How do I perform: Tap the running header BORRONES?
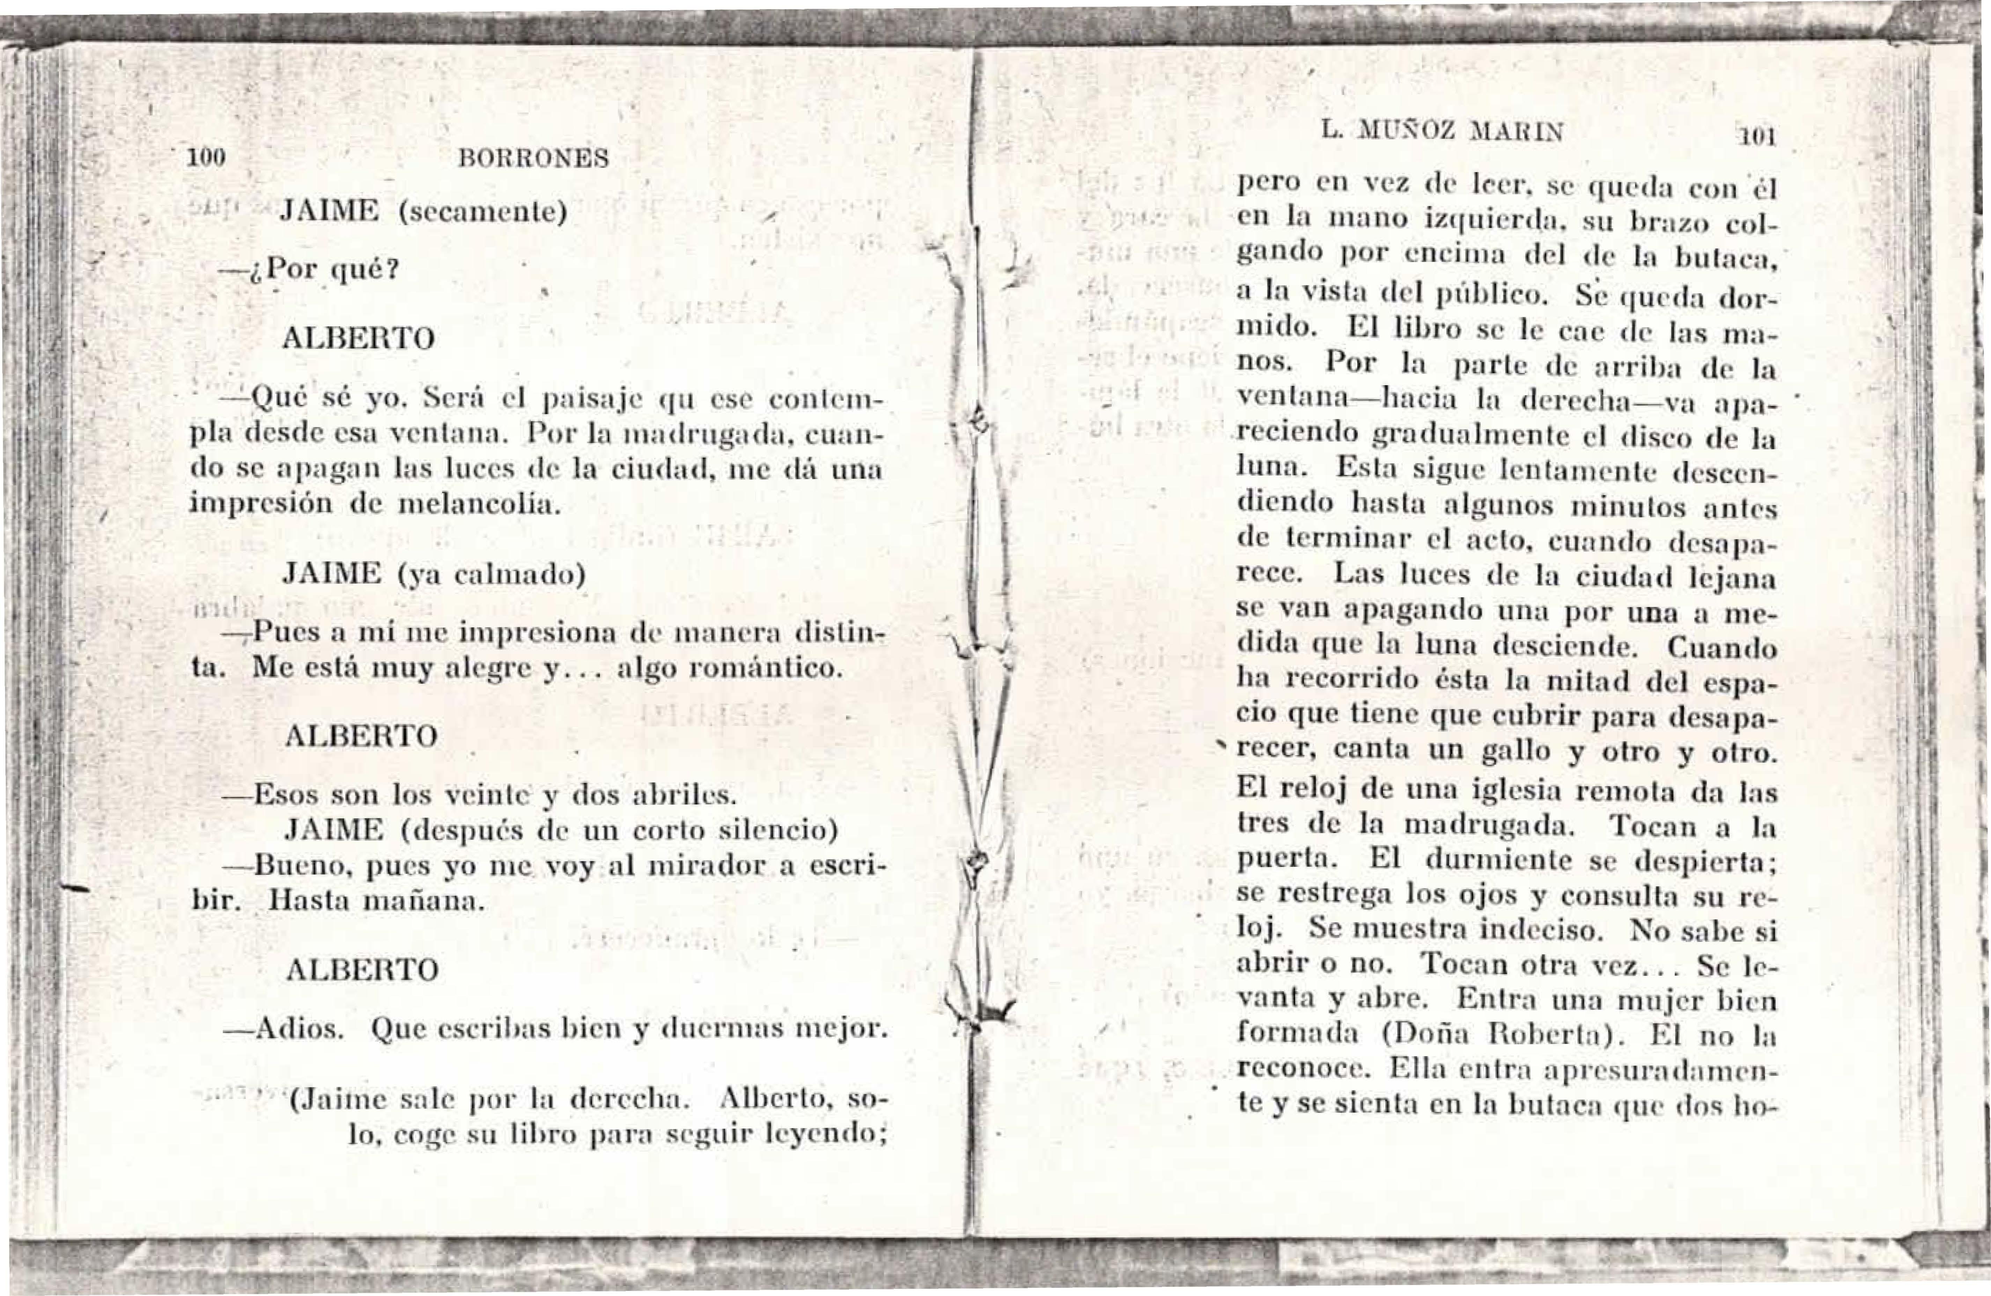pyautogui.click(x=534, y=158)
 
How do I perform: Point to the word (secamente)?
pyautogui.click(x=482, y=212)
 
